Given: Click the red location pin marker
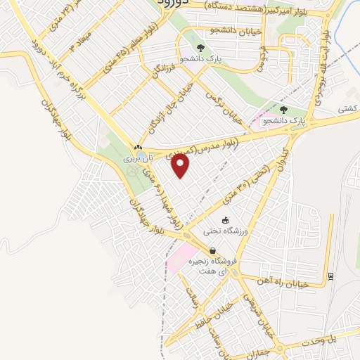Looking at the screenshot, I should [x=181, y=165].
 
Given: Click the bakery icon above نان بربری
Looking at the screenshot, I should [x=139, y=148].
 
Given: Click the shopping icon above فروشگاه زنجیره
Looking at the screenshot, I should [x=212, y=251].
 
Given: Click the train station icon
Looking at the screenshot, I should [x=330, y=275].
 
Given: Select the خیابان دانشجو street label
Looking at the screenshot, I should [x=235, y=30].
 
